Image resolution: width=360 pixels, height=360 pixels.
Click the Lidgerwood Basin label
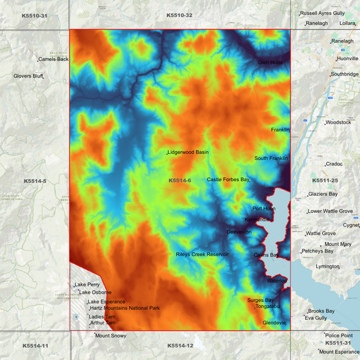tap(188, 153)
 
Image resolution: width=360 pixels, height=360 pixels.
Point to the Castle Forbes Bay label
tap(228, 180)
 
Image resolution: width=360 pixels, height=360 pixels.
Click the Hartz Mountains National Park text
tap(125, 308)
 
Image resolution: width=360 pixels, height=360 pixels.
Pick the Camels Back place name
tap(54, 59)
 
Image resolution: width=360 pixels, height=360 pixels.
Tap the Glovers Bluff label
tap(28, 76)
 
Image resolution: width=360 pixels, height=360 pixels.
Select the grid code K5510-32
tap(180, 15)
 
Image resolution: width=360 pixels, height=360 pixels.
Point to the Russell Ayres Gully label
tap(323, 13)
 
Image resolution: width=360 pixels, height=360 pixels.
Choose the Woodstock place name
tap(339, 122)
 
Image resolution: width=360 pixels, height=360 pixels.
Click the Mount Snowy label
tap(111, 336)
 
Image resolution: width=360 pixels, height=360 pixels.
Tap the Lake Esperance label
tap(107, 301)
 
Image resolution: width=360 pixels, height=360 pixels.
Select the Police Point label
tap(339, 335)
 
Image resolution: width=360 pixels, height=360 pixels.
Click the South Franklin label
tap(271, 159)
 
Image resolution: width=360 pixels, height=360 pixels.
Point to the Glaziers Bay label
tap(323, 194)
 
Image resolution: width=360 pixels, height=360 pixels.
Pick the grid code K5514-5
tap(34, 181)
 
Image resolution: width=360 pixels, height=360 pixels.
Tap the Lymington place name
tap(328, 267)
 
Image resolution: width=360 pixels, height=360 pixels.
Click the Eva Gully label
tap(317, 317)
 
